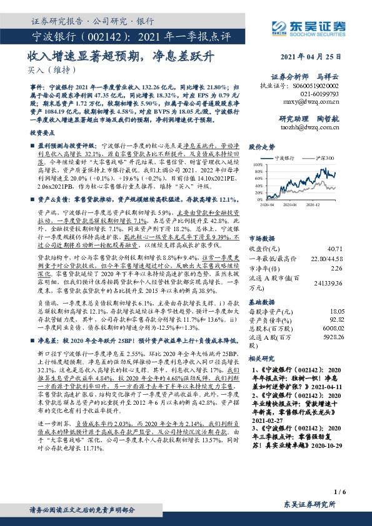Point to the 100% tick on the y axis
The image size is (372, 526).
click(257, 165)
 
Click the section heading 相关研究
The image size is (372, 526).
click(262, 359)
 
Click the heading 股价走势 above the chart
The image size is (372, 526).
click(262, 147)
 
